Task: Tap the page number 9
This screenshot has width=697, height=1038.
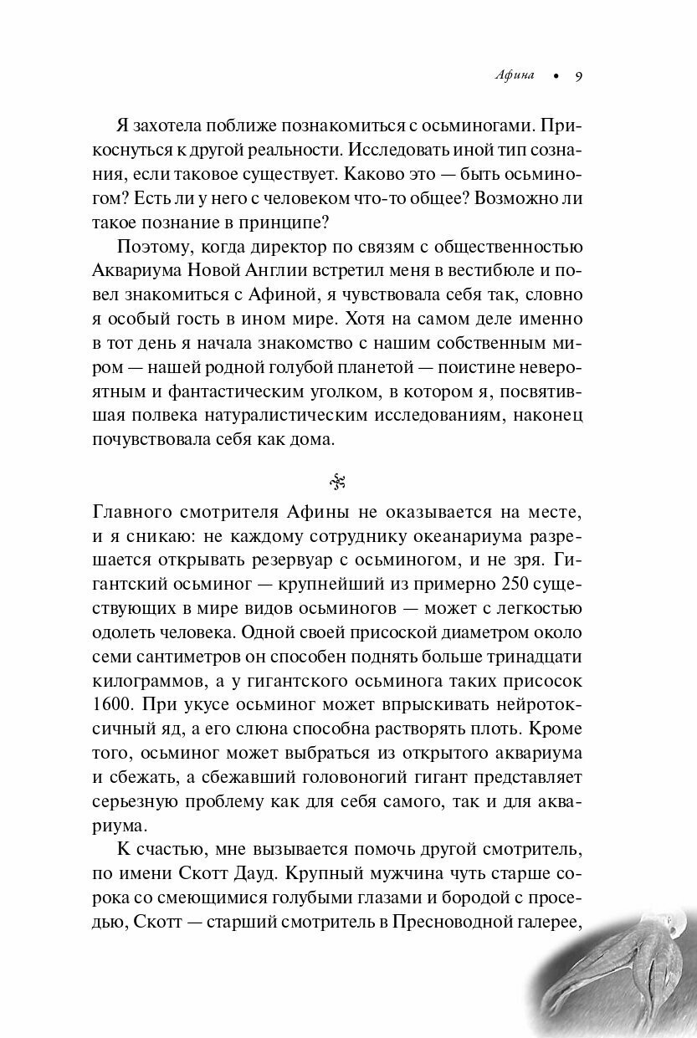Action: [x=578, y=76]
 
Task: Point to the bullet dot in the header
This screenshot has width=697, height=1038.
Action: [x=552, y=77]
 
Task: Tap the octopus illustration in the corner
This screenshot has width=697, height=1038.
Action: [x=619, y=979]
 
